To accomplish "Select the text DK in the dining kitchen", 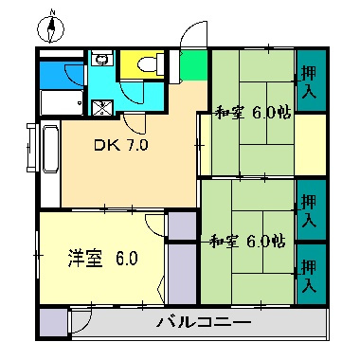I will pos(103,146).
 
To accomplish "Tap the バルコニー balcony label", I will pos(203,323).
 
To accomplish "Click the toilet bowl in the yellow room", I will pos(147,63).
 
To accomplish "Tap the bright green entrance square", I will pos(193,66).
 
